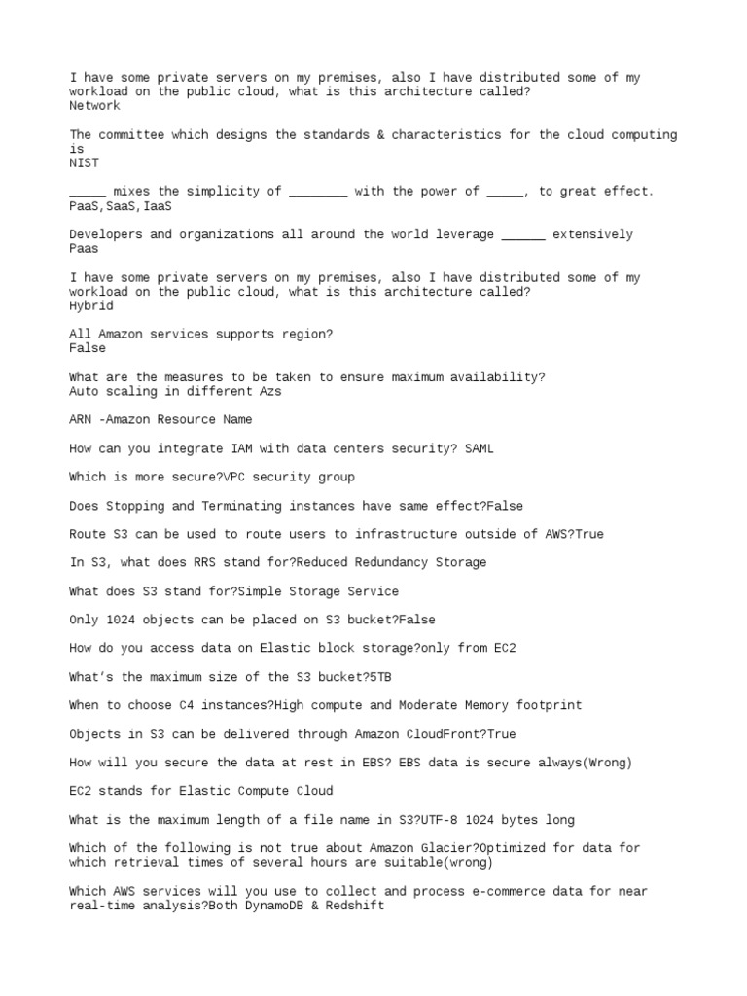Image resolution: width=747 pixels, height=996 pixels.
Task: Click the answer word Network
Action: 94,106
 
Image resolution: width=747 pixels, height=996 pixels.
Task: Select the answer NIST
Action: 84,163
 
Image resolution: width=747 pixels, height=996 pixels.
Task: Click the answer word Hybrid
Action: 91,305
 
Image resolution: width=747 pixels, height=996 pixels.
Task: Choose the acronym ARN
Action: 80,420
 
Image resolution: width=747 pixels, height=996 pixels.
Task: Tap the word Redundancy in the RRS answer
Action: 391,563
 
